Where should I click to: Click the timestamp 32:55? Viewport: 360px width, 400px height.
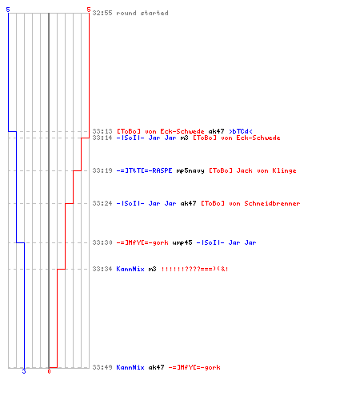click(x=102, y=13)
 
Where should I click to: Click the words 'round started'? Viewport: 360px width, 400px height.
click(x=142, y=13)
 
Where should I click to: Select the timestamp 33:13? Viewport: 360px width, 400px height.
click(x=102, y=131)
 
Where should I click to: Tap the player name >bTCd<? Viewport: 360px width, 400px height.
click(x=241, y=131)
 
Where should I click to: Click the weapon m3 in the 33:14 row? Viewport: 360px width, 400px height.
click(x=184, y=138)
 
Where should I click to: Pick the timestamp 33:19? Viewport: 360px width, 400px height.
click(x=102, y=170)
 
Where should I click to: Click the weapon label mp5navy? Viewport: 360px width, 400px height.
click(x=190, y=170)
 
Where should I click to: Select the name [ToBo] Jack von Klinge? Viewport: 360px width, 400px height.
click(x=253, y=170)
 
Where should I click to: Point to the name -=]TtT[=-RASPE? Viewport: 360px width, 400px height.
click(x=144, y=170)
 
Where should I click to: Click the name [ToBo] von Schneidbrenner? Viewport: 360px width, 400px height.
click(x=250, y=203)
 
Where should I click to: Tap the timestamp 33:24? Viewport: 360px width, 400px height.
click(x=102, y=203)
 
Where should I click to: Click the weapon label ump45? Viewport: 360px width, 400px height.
click(x=182, y=242)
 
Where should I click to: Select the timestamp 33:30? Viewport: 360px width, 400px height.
click(x=102, y=242)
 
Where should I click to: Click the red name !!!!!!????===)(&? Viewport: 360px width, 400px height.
click(x=194, y=269)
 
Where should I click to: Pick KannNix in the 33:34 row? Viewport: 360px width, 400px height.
click(x=130, y=269)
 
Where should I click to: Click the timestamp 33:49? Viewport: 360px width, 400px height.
click(x=102, y=367)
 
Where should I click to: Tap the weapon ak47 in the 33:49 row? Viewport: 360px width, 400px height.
click(x=156, y=367)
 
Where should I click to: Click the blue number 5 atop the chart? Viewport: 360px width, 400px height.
click(x=8, y=10)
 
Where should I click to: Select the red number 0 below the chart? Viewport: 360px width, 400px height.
click(x=49, y=371)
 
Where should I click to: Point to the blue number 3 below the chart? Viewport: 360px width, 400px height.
click(x=24, y=371)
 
